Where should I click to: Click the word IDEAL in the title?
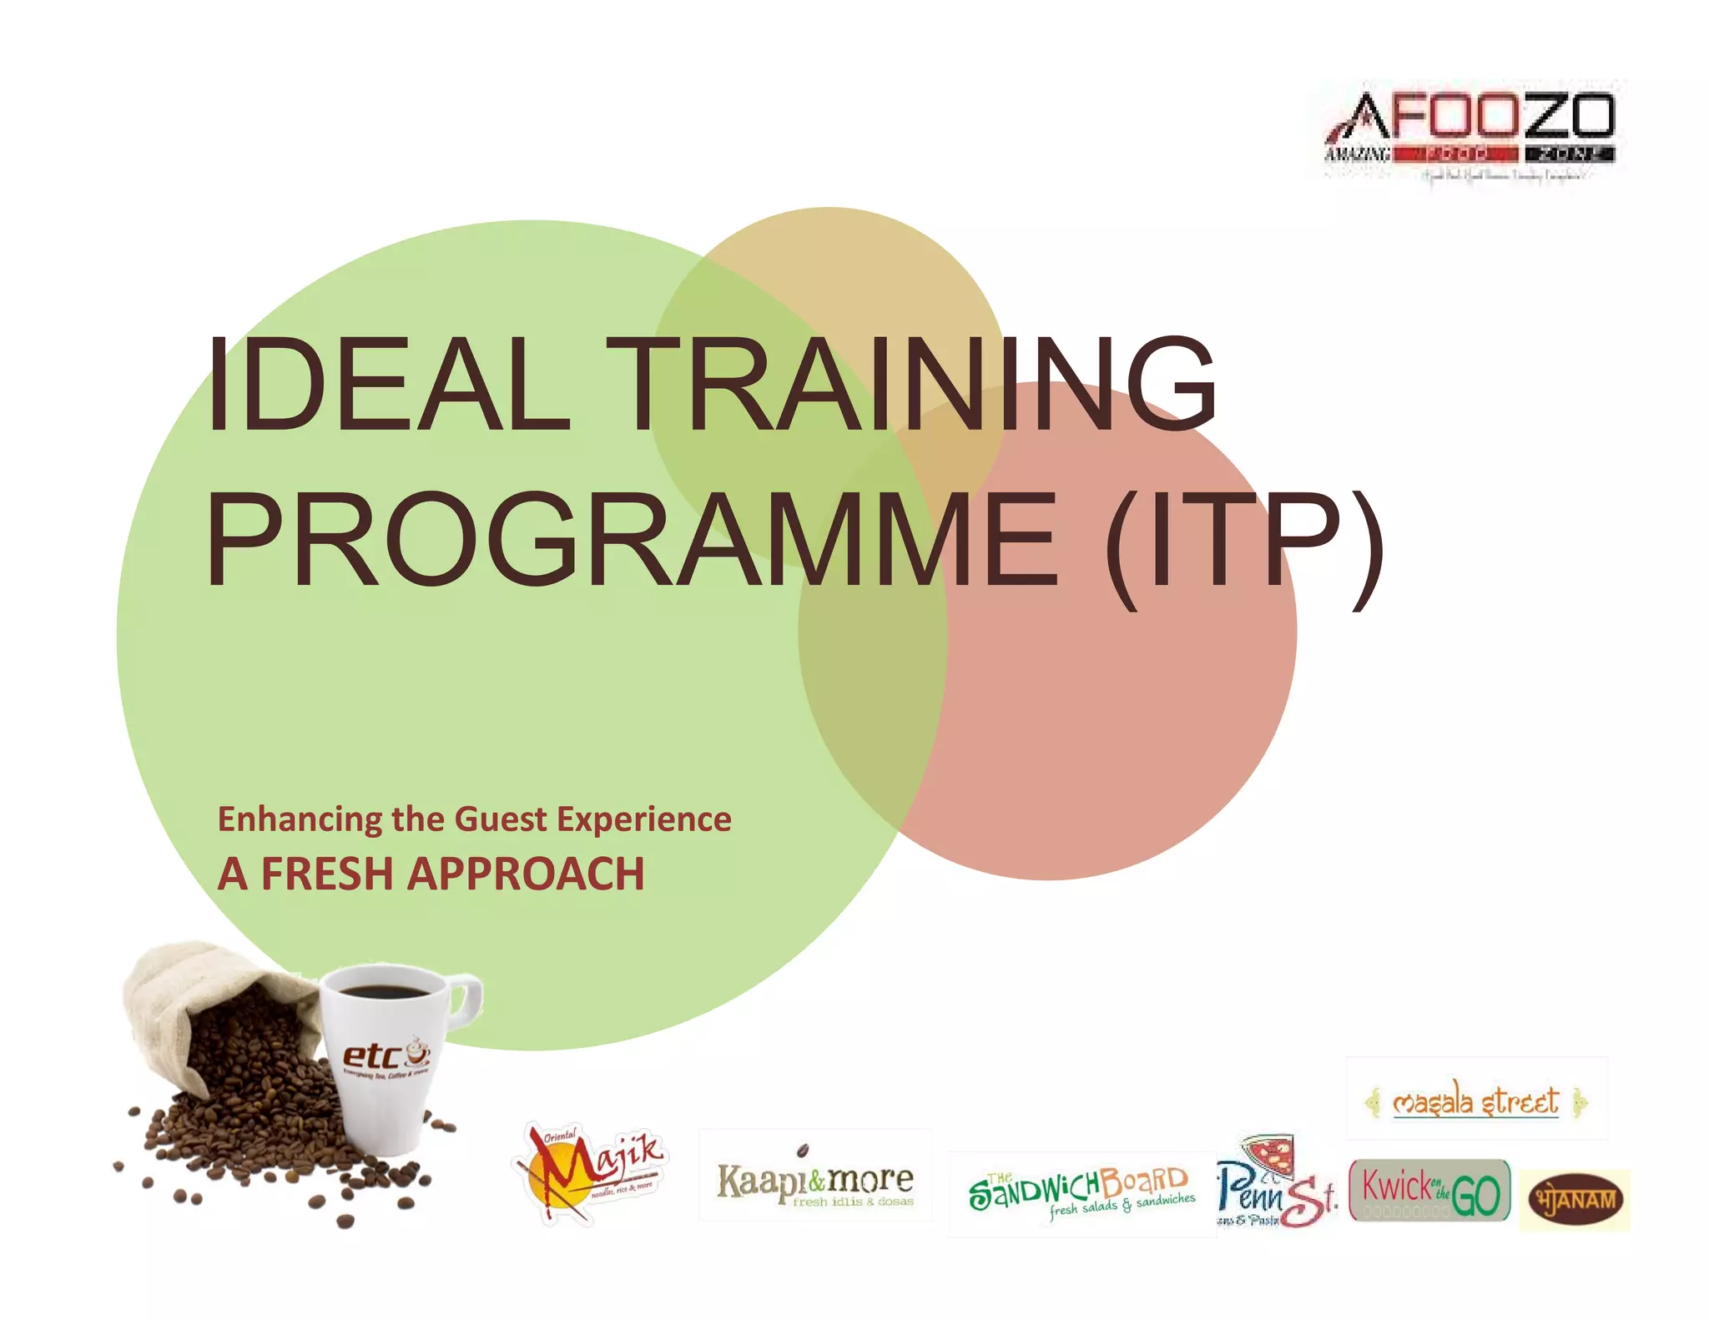point(387,385)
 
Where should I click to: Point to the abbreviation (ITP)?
point(1243,547)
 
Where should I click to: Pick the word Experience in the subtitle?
point(643,819)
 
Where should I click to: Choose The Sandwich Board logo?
point(1081,1192)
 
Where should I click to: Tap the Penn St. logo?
point(1275,1185)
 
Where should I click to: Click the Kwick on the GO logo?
point(1429,1190)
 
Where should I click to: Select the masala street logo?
point(1475,1101)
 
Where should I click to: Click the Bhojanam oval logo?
point(1572,1200)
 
